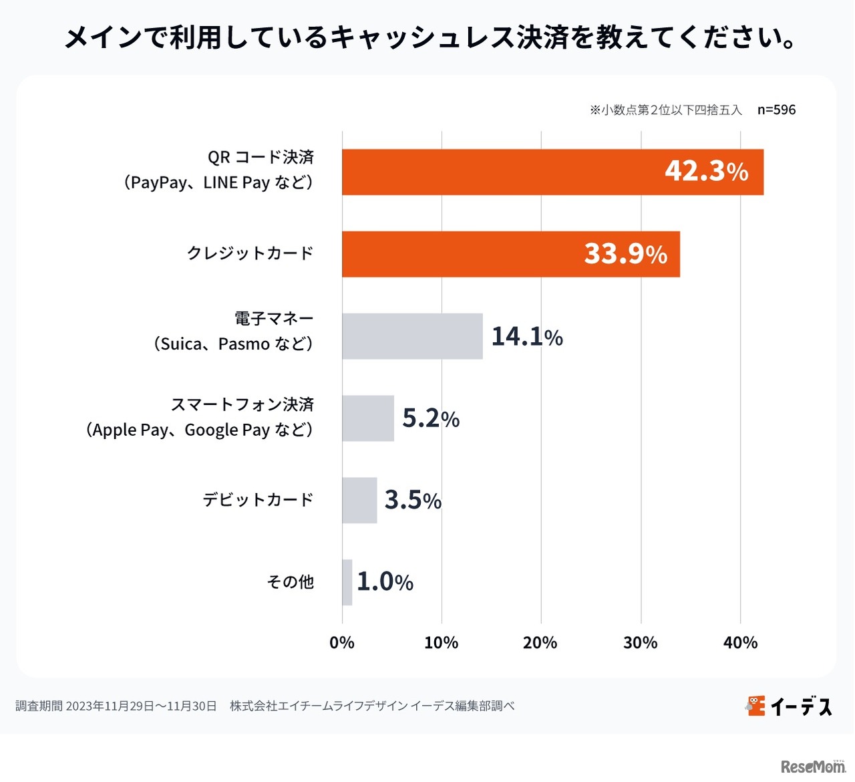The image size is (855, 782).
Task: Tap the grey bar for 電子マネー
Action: click(412, 336)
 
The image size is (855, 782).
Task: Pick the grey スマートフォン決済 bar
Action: click(368, 418)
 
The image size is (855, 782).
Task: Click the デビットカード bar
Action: click(359, 500)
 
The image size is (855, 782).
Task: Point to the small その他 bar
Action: click(347, 582)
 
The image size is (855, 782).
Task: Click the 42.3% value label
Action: click(706, 172)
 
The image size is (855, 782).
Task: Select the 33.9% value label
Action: click(625, 254)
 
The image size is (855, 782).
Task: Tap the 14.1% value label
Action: click(527, 336)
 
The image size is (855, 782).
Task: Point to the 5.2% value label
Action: click(431, 418)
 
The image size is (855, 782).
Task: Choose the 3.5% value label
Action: click(413, 500)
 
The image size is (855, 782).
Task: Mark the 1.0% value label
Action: click(385, 582)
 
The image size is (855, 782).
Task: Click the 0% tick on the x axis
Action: click(342, 643)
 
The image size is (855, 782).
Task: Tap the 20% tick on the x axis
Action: click(540, 643)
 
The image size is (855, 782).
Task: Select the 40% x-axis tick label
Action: click(740, 643)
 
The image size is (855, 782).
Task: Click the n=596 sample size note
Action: click(776, 110)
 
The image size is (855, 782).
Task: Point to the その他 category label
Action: click(291, 582)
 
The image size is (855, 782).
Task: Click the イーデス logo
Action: click(789, 706)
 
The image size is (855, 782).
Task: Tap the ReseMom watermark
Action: click(813, 767)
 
